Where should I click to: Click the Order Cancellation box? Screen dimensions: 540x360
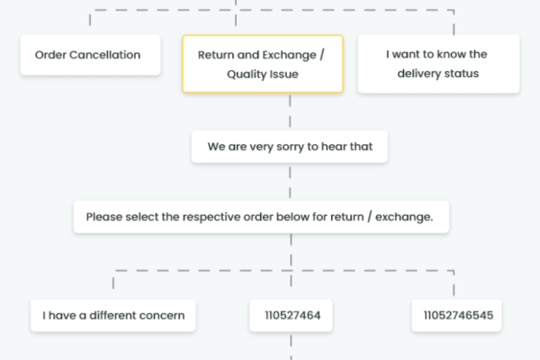(90, 55)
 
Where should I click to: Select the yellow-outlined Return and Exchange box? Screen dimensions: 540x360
(263, 64)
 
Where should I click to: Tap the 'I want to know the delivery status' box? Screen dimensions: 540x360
(438, 64)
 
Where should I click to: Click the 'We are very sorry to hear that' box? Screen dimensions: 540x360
(290, 147)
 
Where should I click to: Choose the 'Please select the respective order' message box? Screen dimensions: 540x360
(261, 217)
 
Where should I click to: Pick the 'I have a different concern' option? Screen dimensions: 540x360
(113, 315)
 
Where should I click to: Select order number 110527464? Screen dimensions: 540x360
(291, 315)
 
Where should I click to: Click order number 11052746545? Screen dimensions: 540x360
(456, 315)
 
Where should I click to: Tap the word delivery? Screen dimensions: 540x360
(415, 74)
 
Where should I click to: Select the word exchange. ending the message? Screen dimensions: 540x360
(404, 218)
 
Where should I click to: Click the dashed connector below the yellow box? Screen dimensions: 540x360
(290, 112)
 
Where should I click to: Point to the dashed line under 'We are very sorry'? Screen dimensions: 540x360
(290, 182)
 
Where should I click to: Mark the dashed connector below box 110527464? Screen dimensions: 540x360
(291, 347)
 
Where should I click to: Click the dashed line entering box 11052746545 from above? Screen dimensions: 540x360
(454, 285)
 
